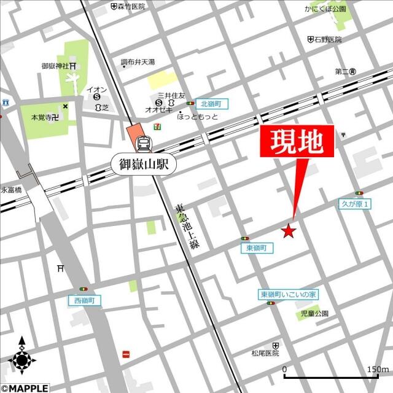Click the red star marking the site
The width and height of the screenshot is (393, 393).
(x=288, y=231)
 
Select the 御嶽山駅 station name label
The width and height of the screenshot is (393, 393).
(x=144, y=163)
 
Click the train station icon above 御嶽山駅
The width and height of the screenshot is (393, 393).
(x=144, y=143)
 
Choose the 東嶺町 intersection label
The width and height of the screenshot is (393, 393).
(x=255, y=247)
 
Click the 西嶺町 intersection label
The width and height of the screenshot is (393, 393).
(x=84, y=300)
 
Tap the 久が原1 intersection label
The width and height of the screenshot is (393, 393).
(x=355, y=204)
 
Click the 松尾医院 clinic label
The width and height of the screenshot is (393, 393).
(x=265, y=354)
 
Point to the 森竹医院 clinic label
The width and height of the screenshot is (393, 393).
(x=131, y=6)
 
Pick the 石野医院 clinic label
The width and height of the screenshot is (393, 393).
(x=329, y=40)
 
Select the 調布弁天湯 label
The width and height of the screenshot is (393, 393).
(x=138, y=62)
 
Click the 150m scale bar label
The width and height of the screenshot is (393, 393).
(x=376, y=369)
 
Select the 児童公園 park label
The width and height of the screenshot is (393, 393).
(x=314, y=313)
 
